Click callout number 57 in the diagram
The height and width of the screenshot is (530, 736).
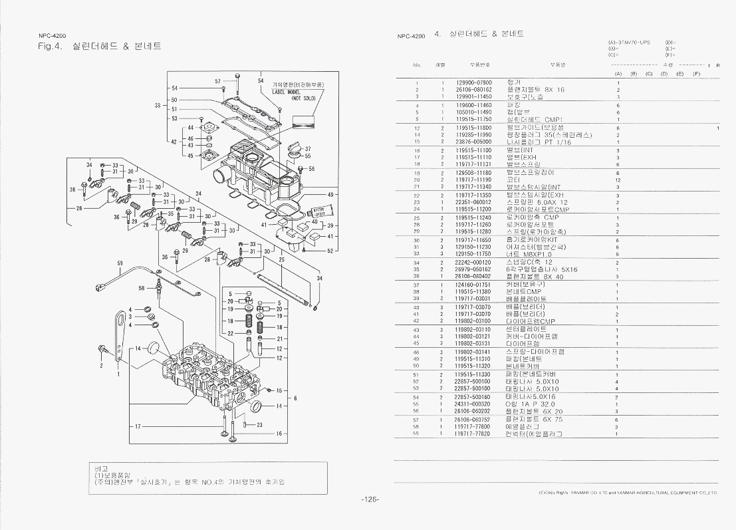point(217,81)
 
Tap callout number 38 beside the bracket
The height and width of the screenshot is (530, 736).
point(158,105)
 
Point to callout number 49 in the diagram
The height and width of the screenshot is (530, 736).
point(330,194)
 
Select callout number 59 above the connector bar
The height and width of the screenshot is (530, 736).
point(120,263)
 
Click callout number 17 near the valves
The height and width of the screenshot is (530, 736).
point(138,426)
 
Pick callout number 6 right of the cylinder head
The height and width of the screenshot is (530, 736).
point(295,398)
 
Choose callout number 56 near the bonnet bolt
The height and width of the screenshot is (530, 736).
point(312,169)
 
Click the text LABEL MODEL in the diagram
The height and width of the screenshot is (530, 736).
point(286,92)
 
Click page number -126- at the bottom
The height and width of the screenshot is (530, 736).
point(370,500)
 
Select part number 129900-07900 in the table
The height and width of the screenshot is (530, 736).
point(473,82)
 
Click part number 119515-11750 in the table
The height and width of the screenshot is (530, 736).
point(473,120)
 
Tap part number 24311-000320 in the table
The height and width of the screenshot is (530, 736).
point(473,404)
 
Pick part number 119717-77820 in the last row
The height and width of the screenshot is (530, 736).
point(473,434)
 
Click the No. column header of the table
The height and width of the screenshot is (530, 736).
point(417,65)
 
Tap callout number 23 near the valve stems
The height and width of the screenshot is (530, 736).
point(259,424)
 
